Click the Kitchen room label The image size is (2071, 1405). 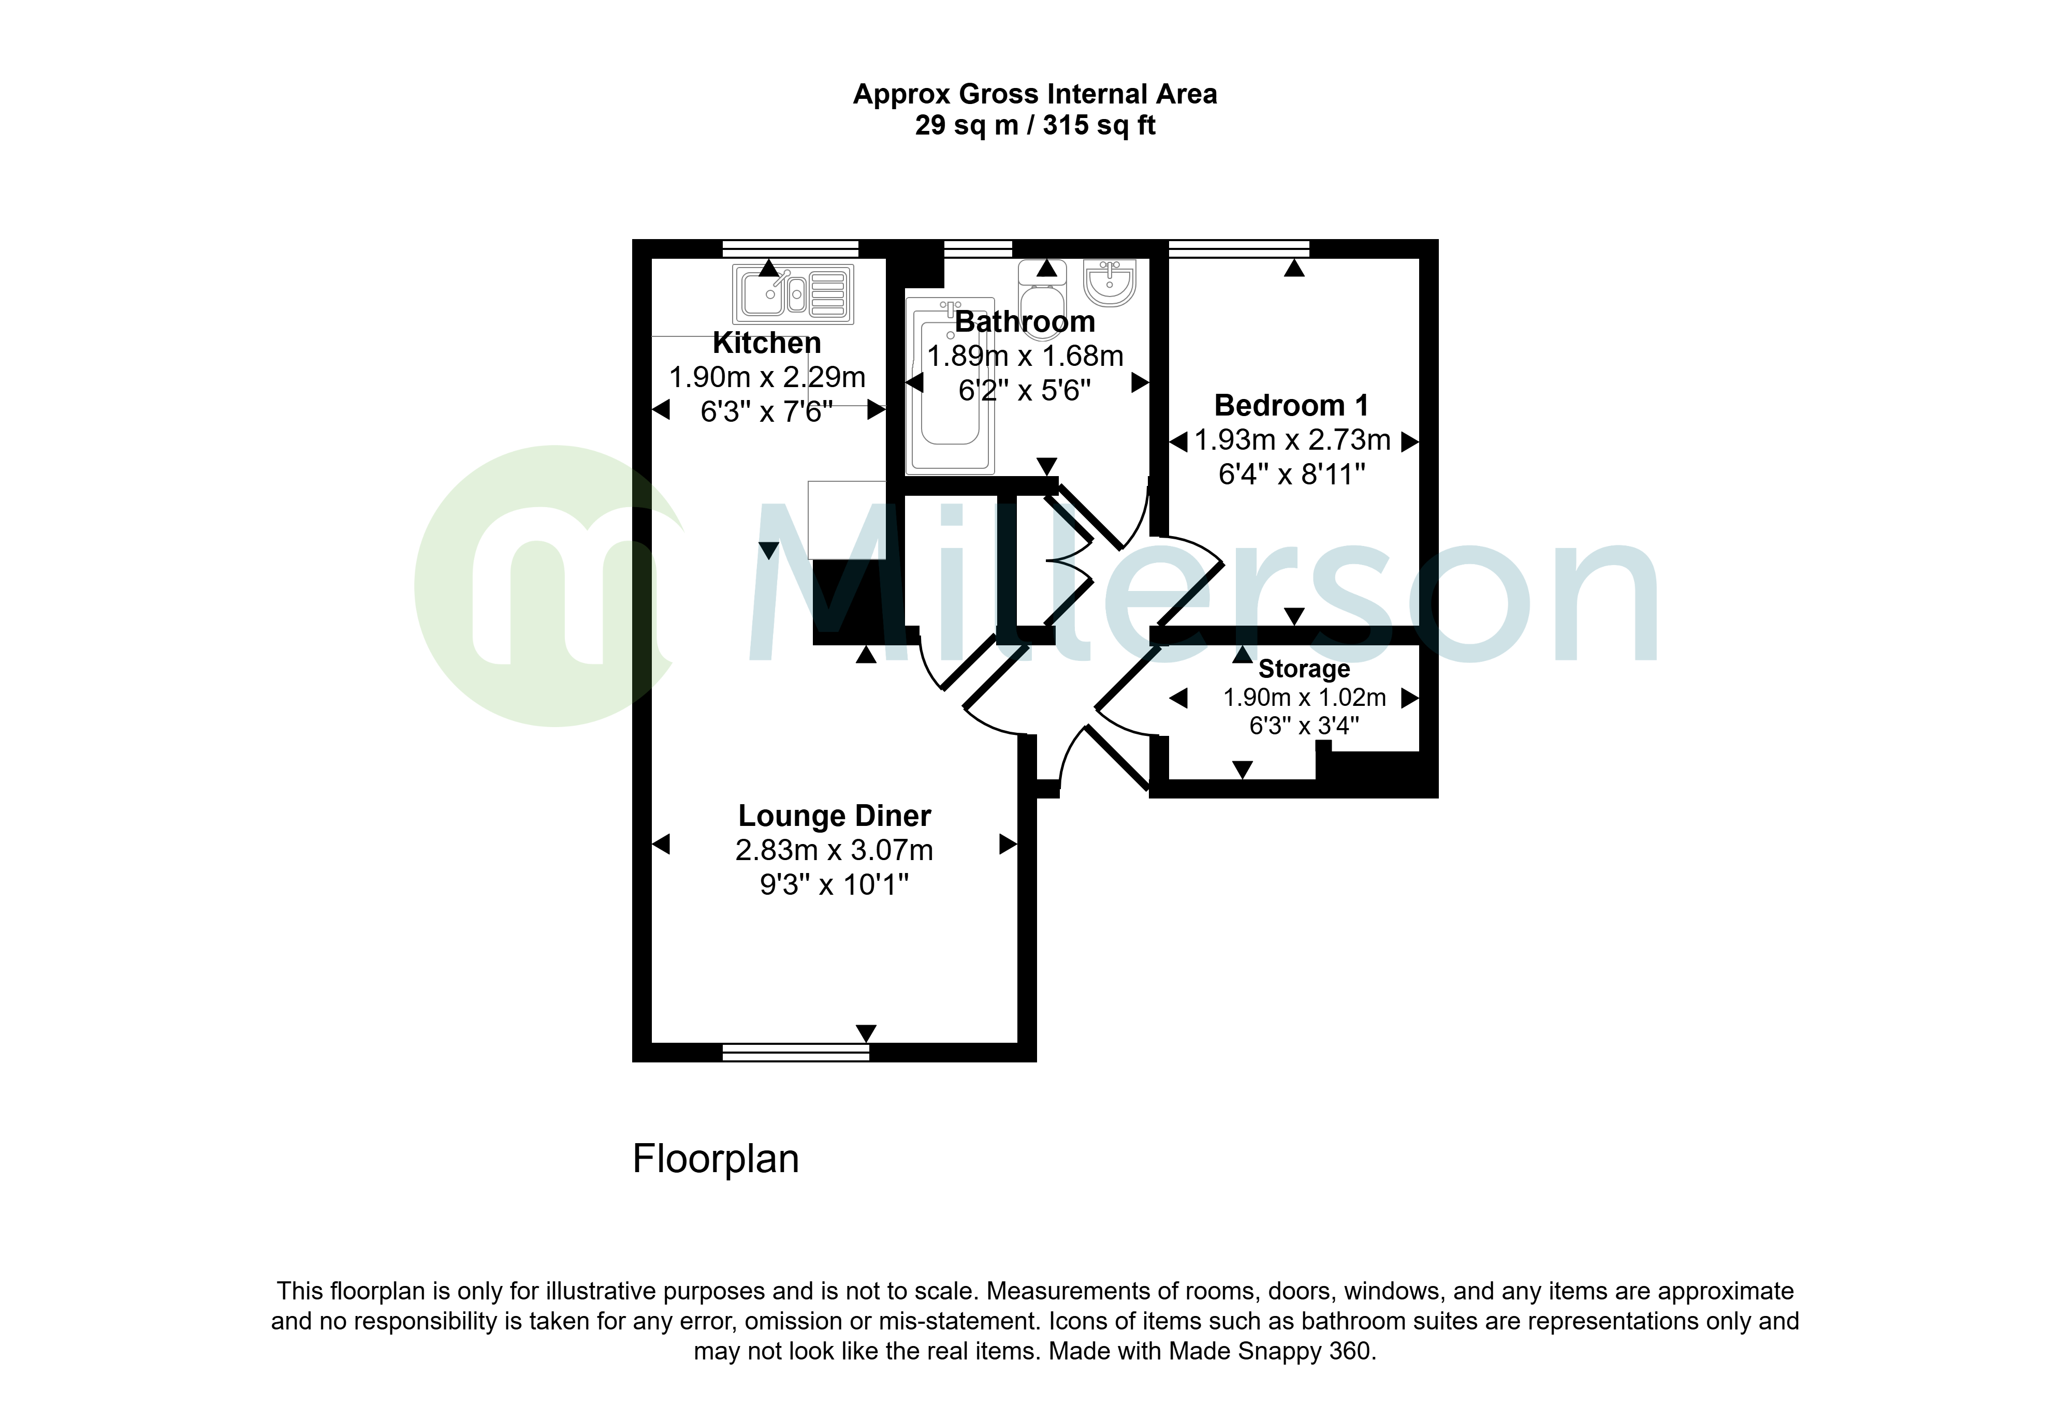[766, 343]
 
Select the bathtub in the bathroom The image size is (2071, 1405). [950, 386]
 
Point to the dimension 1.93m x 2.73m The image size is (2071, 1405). [1292, 440]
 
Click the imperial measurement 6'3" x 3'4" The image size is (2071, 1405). [1304, 726]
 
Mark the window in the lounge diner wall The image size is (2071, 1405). [795, 1052]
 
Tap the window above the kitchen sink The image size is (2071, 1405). [790, 248]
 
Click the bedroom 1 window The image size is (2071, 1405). [1238, 248]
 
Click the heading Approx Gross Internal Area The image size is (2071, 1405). [1034, 94]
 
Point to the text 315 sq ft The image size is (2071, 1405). [1099, 126]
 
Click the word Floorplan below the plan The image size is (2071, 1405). [716, 1159]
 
